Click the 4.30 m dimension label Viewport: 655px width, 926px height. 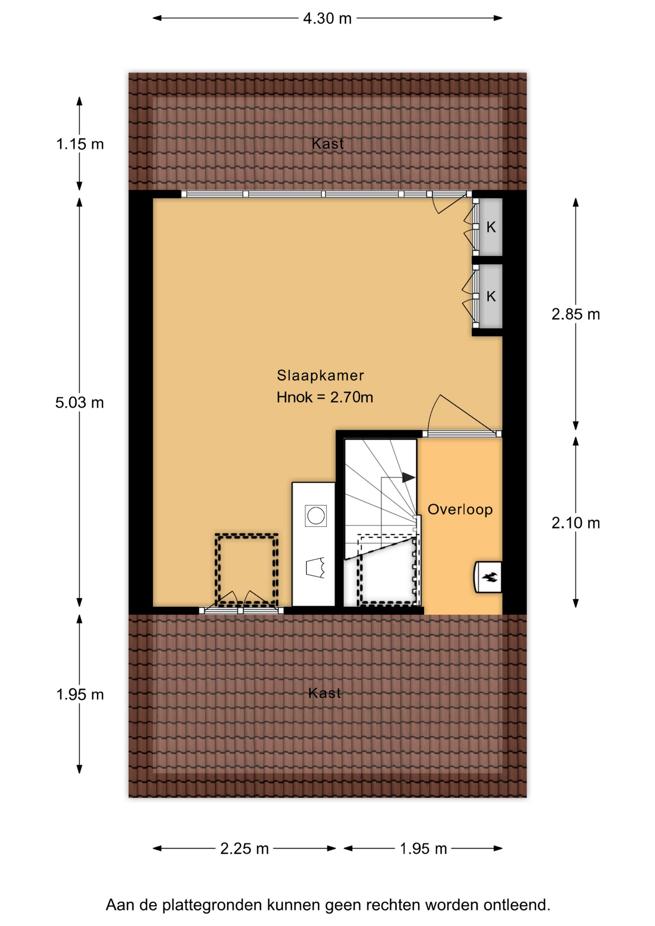(x=327, y=18)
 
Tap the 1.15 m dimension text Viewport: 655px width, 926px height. (x=80, y=144)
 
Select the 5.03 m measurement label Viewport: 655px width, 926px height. (x=80, y=402)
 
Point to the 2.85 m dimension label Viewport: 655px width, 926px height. (x=576, y=314)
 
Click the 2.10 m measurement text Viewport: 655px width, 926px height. (x=576, y=523)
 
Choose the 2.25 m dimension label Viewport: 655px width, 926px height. (x=245, y=848)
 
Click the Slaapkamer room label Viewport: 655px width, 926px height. (x=320, y=375)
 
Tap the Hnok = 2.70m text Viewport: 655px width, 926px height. (x=325, y=397)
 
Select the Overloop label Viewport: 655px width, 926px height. (x=460, y=509)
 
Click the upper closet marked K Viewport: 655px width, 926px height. (x=491, y=227)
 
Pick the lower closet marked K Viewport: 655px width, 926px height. (x=491, y=296)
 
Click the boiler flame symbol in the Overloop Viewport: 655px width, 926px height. (x=491, y=577)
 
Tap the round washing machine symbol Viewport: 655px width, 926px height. (x=316, y=516)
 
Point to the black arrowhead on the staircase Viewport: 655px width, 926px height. (x=409, y=477)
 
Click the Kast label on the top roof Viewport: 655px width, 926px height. (x=327, y=143)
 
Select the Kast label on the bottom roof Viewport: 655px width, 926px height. (x=325, y=693)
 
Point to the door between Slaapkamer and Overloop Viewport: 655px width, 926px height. (x=462, y=434)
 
